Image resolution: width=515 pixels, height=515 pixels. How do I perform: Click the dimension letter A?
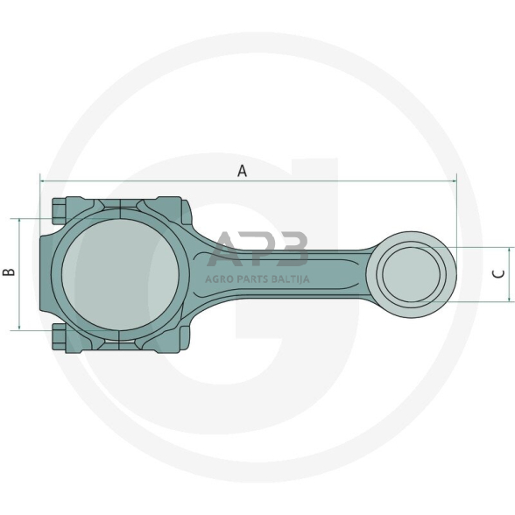(x=243, y=172)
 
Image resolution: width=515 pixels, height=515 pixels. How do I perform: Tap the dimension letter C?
(x=498, y=274)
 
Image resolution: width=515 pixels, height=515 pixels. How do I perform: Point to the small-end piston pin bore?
(x=416, y=273)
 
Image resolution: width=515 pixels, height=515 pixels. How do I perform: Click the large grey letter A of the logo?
(x=230, y=250)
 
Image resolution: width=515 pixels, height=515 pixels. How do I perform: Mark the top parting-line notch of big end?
(x=119, y=208)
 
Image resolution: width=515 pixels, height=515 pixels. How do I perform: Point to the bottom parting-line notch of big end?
(x=119, y=339)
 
